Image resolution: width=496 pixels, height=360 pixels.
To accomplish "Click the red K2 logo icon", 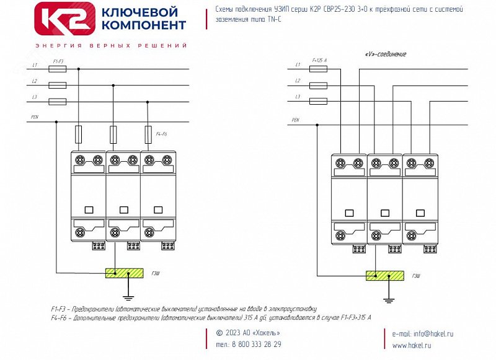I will tap(65, 19).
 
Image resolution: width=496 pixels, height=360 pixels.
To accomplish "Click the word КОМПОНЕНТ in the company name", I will tap(143, 25).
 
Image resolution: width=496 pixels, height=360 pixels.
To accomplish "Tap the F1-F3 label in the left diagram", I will tap(58, 61).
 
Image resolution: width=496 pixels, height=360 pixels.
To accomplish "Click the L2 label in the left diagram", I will tap(35, 81).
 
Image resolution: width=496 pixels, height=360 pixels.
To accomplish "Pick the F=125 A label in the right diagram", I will tap(320, 60).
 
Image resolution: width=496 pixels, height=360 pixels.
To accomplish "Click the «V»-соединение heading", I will tap(386, 54).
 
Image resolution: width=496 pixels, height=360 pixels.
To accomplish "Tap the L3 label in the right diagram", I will tap(298, 97).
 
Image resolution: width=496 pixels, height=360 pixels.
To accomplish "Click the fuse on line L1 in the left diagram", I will tap(57, 70).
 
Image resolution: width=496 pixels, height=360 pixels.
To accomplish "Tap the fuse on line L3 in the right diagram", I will tap(319, 102).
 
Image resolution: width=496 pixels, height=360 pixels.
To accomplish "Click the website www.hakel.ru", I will tap(412, 345).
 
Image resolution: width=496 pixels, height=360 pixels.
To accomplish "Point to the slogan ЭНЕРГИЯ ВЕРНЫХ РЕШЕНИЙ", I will tap(111, 46).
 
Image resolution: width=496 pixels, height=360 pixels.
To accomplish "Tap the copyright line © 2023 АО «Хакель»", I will tap(248, 333).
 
